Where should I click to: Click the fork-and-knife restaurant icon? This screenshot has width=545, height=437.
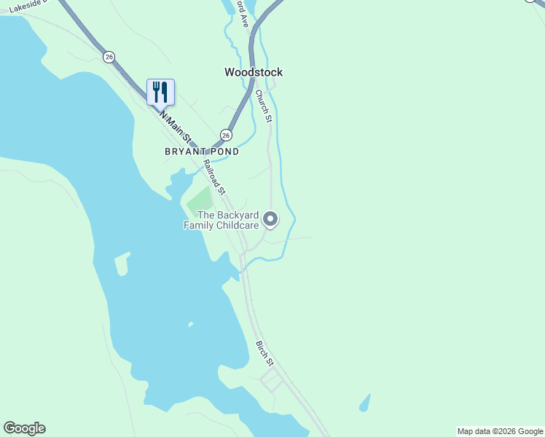click(160, 92)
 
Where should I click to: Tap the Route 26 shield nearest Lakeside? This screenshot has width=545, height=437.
click(109, 57)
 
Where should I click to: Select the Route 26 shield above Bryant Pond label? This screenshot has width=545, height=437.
click(226, 135)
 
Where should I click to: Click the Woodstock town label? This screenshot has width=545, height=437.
click(253, 72)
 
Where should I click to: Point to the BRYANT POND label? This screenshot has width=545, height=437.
click(201, 152)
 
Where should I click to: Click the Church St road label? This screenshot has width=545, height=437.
click(263, 105)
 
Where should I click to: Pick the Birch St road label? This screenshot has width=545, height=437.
click(264, 353)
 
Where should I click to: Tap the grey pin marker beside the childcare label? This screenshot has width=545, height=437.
click(270, 219)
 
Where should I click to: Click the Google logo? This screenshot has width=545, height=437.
click(24, 428)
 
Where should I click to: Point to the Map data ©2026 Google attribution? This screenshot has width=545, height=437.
click(500, 431)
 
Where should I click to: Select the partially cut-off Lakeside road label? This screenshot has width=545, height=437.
click(28, 5)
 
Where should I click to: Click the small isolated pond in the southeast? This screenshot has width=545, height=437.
click(364, 402)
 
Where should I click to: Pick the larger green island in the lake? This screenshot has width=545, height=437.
click(122, 263)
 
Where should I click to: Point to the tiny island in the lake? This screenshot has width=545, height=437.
click(191, 324)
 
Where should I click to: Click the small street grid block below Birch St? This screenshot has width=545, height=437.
click(270, 380)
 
